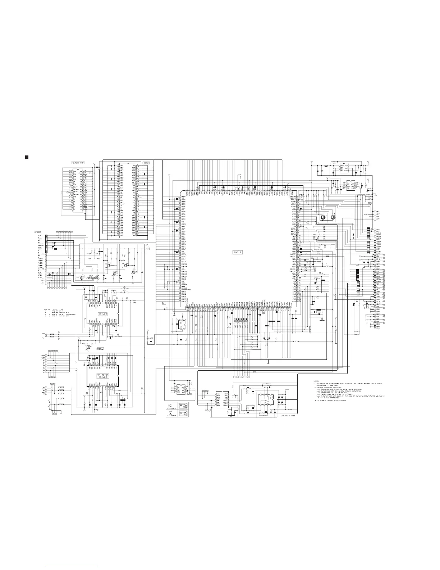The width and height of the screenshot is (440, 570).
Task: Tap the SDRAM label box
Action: (x=146, y=163)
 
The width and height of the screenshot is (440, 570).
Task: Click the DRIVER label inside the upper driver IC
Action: (x=103, y=314)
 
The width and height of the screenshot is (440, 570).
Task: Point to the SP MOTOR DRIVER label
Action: (x=103, y=377)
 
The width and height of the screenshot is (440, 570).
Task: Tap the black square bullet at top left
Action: (x=26, y=157)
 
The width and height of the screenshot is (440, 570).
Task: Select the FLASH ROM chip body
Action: (x=78, y=191)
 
